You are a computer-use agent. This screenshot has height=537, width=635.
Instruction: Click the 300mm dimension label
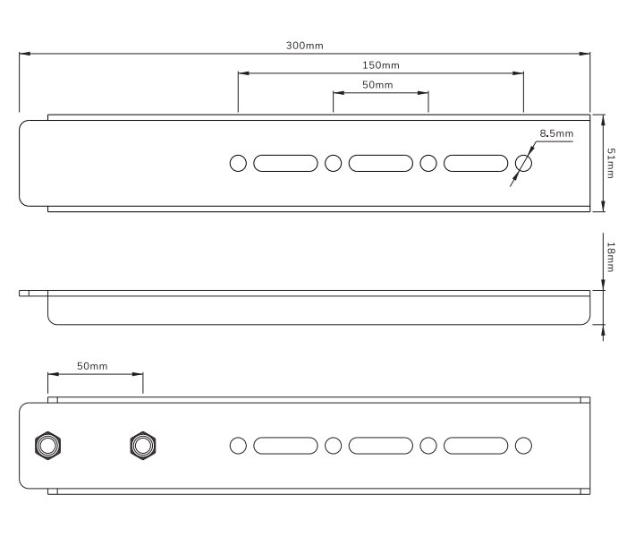[x=305, y=46]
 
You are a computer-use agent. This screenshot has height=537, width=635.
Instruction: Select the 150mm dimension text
[x=381, y=65]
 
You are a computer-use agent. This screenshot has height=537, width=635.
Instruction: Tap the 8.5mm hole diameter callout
[x=556, y=133]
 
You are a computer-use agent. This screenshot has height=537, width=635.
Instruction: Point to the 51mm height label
[x=610, y=163]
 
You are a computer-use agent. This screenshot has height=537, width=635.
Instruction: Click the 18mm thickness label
[x=611, y=258]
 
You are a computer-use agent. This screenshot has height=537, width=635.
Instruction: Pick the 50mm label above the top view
[x=377, y=85]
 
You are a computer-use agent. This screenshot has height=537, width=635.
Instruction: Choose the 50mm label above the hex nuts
[x=92, y=366]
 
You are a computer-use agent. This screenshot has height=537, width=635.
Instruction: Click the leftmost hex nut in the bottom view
[x=47, y=446]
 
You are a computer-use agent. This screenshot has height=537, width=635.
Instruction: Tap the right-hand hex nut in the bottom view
[x=143, y=446]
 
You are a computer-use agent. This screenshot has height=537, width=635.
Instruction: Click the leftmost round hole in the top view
[x=238, y=163]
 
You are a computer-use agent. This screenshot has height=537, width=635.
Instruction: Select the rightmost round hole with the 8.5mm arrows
[x=523, y=163]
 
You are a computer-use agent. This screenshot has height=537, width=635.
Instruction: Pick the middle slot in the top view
[x=381, y=163]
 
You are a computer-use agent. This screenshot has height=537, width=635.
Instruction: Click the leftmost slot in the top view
[x=285, y=163]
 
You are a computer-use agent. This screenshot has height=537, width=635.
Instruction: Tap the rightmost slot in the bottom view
[x=476, y=446]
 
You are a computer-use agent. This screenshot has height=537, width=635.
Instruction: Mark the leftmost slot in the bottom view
[x=285, y=446]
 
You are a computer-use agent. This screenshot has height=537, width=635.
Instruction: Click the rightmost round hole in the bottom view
[x=523, y=446]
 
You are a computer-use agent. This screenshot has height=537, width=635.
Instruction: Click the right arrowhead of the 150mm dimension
[x=518, y=73]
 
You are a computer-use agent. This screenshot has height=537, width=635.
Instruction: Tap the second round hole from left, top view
[x=334, y=163]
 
